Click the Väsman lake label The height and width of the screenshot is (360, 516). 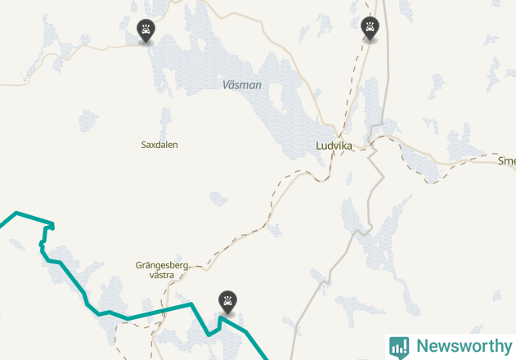242,85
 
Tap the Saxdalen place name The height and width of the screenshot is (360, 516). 159,145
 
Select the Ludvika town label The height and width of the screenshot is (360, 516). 334,146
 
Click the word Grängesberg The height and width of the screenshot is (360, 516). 163,265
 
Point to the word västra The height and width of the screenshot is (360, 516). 163,276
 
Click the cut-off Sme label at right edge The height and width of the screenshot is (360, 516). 506,161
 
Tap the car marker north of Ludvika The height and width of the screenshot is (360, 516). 370,29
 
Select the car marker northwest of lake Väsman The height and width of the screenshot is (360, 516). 146,31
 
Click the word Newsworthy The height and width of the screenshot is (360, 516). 464,346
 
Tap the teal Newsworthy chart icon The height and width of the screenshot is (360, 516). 399,347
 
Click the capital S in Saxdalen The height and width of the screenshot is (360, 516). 144,145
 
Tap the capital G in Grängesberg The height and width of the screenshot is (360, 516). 139,265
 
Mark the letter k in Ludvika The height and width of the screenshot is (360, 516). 344,146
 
